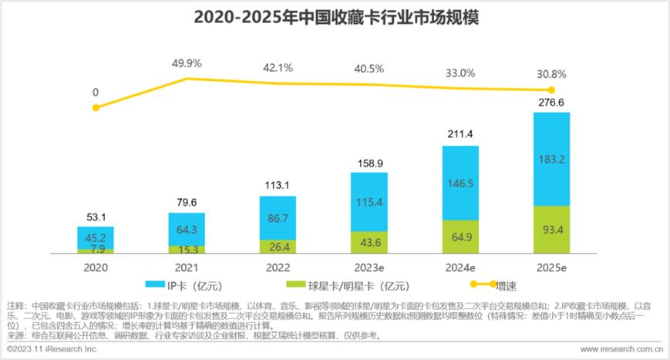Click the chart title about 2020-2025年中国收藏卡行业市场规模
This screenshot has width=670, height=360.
click(x=335, y=17)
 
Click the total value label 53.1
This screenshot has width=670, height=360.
click(x=95, y=216)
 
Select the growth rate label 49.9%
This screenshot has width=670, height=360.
click(x=187, y=62)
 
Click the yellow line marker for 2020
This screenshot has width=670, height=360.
click(x=95, y=107)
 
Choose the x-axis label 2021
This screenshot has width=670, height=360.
click(x=187, y=269)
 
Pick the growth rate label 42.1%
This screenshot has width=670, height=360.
click(x=278, y=68)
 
